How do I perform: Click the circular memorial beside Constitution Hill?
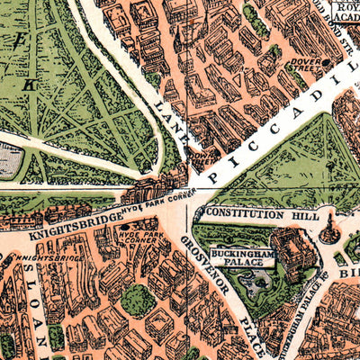pos(330,229)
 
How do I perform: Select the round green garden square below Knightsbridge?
pos(137,300)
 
